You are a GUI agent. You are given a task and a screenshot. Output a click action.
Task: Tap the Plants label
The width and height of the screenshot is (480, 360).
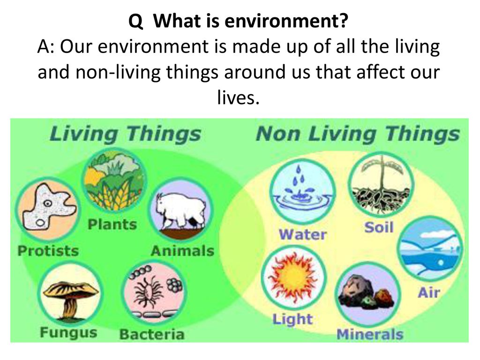(112, 224)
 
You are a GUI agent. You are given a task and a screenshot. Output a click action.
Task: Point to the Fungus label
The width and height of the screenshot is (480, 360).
(68, 333)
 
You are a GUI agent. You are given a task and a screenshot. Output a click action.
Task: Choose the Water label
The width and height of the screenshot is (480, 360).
(303, 233)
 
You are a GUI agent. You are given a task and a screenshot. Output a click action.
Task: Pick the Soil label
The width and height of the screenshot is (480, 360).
(379, 228)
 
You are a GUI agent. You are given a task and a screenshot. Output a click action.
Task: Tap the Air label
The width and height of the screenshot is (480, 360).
(428, 292)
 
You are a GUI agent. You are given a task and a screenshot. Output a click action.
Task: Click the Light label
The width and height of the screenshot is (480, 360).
(292, 320)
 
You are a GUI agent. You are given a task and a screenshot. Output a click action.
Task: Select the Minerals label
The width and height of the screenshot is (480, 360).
(370, 334)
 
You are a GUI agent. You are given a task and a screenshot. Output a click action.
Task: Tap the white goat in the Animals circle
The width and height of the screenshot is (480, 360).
(180, 210)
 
